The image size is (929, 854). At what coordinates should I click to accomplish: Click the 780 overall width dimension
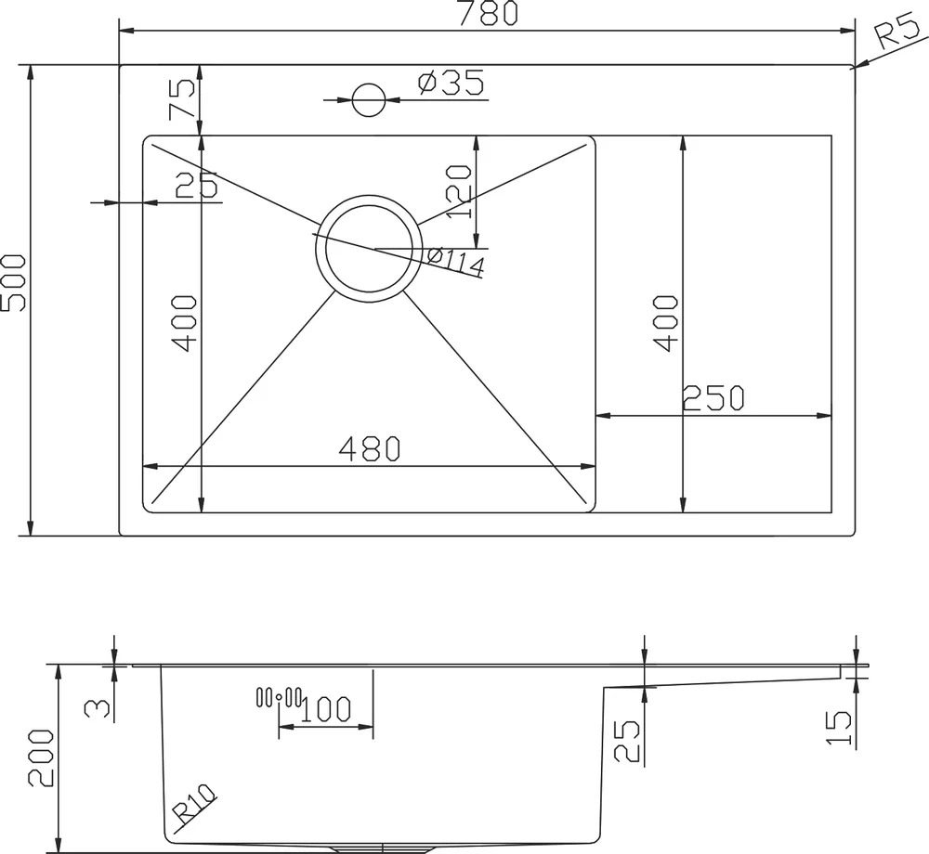tap(489, 13)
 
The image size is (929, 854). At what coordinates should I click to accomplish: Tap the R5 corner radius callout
tap(897, 32)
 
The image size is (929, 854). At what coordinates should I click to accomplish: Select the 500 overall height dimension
tap(13, 283)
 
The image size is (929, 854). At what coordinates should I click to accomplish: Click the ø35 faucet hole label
tap(451, 83)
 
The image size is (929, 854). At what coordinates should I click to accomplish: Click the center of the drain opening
tap(369, 249)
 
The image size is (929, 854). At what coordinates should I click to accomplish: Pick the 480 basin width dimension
tap(370, 448)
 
